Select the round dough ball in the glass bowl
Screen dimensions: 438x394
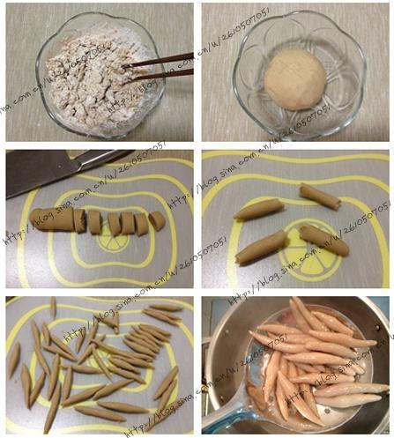click(x=292, y=78)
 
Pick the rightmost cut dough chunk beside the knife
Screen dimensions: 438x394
click(x=156, y=220)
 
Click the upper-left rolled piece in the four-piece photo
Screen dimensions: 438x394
click(x=258, y=209)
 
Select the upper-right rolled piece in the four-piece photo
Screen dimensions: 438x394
click(x=319, y=195)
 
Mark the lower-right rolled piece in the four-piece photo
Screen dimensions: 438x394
click(x=323, y=239)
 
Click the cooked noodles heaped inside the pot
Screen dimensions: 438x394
click(x=309, y=361)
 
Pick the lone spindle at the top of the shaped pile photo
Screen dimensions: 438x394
click(x=53, y=307)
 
